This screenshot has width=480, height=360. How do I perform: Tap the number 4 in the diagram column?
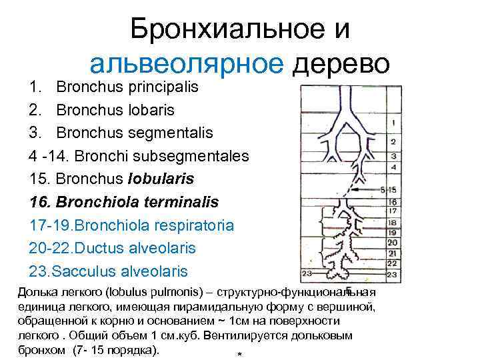click(393, 167)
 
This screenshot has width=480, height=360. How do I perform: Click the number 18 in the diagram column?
click(393, 223)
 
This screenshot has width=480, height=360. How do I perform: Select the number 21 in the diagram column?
click(393, 253)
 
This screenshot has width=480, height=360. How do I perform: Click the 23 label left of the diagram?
click(308, 273)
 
